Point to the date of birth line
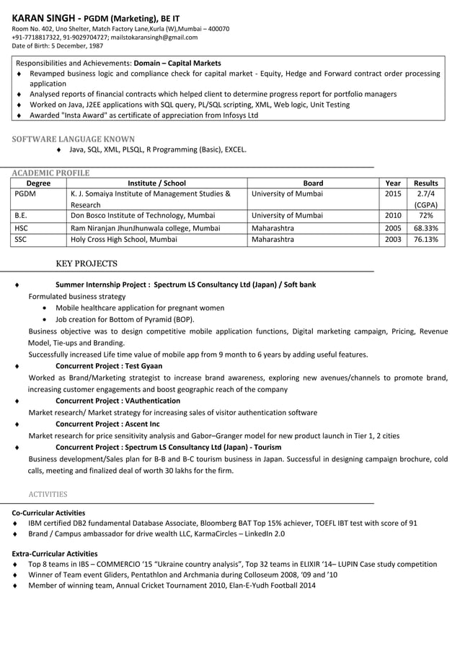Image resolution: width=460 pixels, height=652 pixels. click(57, 46)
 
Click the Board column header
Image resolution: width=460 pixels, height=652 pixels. click(313, 183)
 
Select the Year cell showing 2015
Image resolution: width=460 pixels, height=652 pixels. click(393, 194)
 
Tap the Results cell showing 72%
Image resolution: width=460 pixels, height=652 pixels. click(425, 216)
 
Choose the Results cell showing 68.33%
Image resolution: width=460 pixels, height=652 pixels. click(425, 227)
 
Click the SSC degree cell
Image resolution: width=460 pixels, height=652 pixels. click(21, 239)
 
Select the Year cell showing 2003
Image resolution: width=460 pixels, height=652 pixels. click(393, 239)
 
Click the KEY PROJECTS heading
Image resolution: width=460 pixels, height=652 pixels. click(86, 264)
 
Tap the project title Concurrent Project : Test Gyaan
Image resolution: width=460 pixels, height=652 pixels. click(109, 366)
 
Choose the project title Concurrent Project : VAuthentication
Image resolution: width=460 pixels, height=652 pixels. click(118, 401)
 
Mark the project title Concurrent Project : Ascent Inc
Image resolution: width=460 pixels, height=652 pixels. click(107, 424)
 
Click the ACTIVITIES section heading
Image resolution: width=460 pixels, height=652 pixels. click(48, 495)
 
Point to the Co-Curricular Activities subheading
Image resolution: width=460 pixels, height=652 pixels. click(48, 513)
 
